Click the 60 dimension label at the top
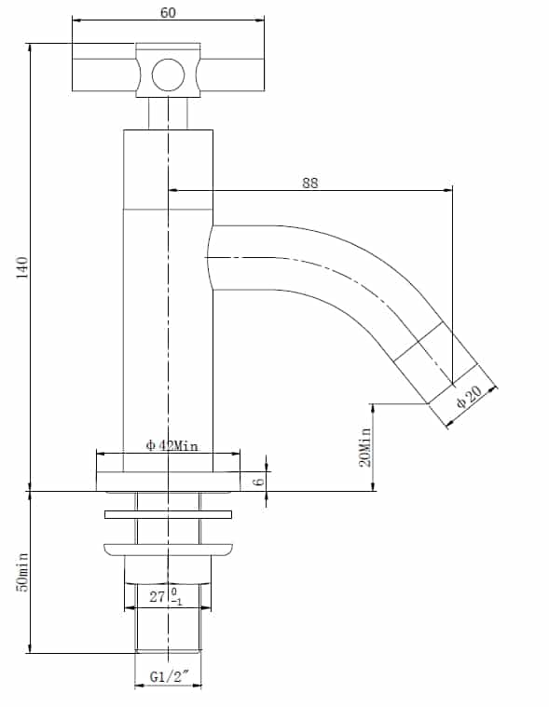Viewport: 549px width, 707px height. pyautogui.click(x=169, y=13)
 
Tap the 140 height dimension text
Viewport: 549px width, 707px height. pyautogui.click(x=22, y=267)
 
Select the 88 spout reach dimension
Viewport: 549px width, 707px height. pyautogui.click(x=309, y=184)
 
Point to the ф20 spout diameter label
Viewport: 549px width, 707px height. pyautogui.click(x=469, y=396)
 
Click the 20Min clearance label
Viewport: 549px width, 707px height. pyautogui.click(x=365, y=447)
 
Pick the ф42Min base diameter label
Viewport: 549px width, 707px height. pyautogui.click(x=172, y=445)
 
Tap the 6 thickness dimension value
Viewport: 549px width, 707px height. pyautogui.click(x=258, y=481)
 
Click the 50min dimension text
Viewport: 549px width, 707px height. pyautogui.click(x=22, y=572)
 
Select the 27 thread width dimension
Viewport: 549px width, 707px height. pyautogui.click(x=157, y=596)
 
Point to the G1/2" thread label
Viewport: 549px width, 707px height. pyautogui.click(x=169, y=676)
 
